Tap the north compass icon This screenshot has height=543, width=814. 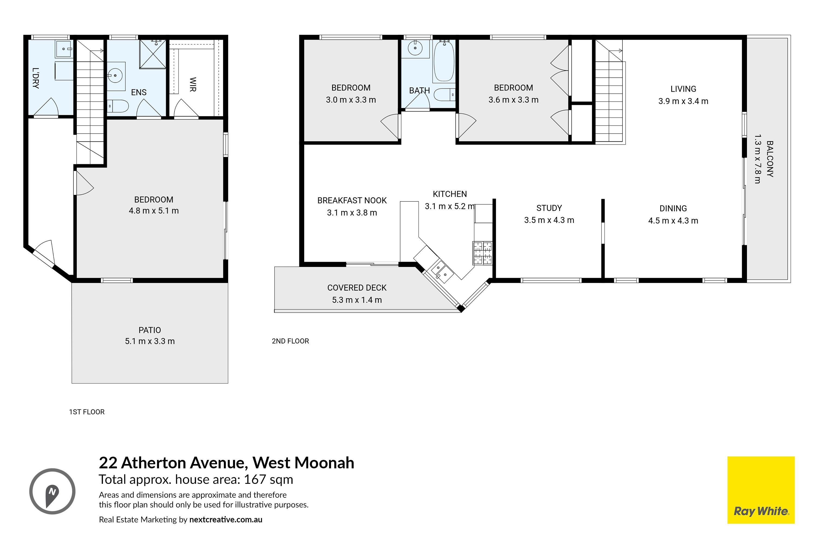[x=52, y=491]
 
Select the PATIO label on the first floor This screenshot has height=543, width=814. [x=150, y=330]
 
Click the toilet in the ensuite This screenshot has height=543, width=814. [x=118, y=106]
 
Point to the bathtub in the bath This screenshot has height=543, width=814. [x=444, y=62]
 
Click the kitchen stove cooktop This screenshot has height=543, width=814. [x=482, y=253]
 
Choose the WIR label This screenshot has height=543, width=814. [x=193, y=84]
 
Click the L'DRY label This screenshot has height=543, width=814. [x=35, y=78]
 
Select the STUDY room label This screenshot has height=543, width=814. [x=549, y=208]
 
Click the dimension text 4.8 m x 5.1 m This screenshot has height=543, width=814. [x=154, y=211]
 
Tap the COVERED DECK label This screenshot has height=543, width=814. [x=357, y=288]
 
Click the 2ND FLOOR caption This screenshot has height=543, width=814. [x=290, y=341]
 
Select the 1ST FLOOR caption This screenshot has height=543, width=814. [x=87, y=412]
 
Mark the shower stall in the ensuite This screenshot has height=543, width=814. [x=152, y=54]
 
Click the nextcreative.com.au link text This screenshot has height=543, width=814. [x=226, y=519]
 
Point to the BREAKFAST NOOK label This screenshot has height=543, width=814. [x=352, y=201]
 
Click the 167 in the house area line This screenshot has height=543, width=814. [x=255, y=480]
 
